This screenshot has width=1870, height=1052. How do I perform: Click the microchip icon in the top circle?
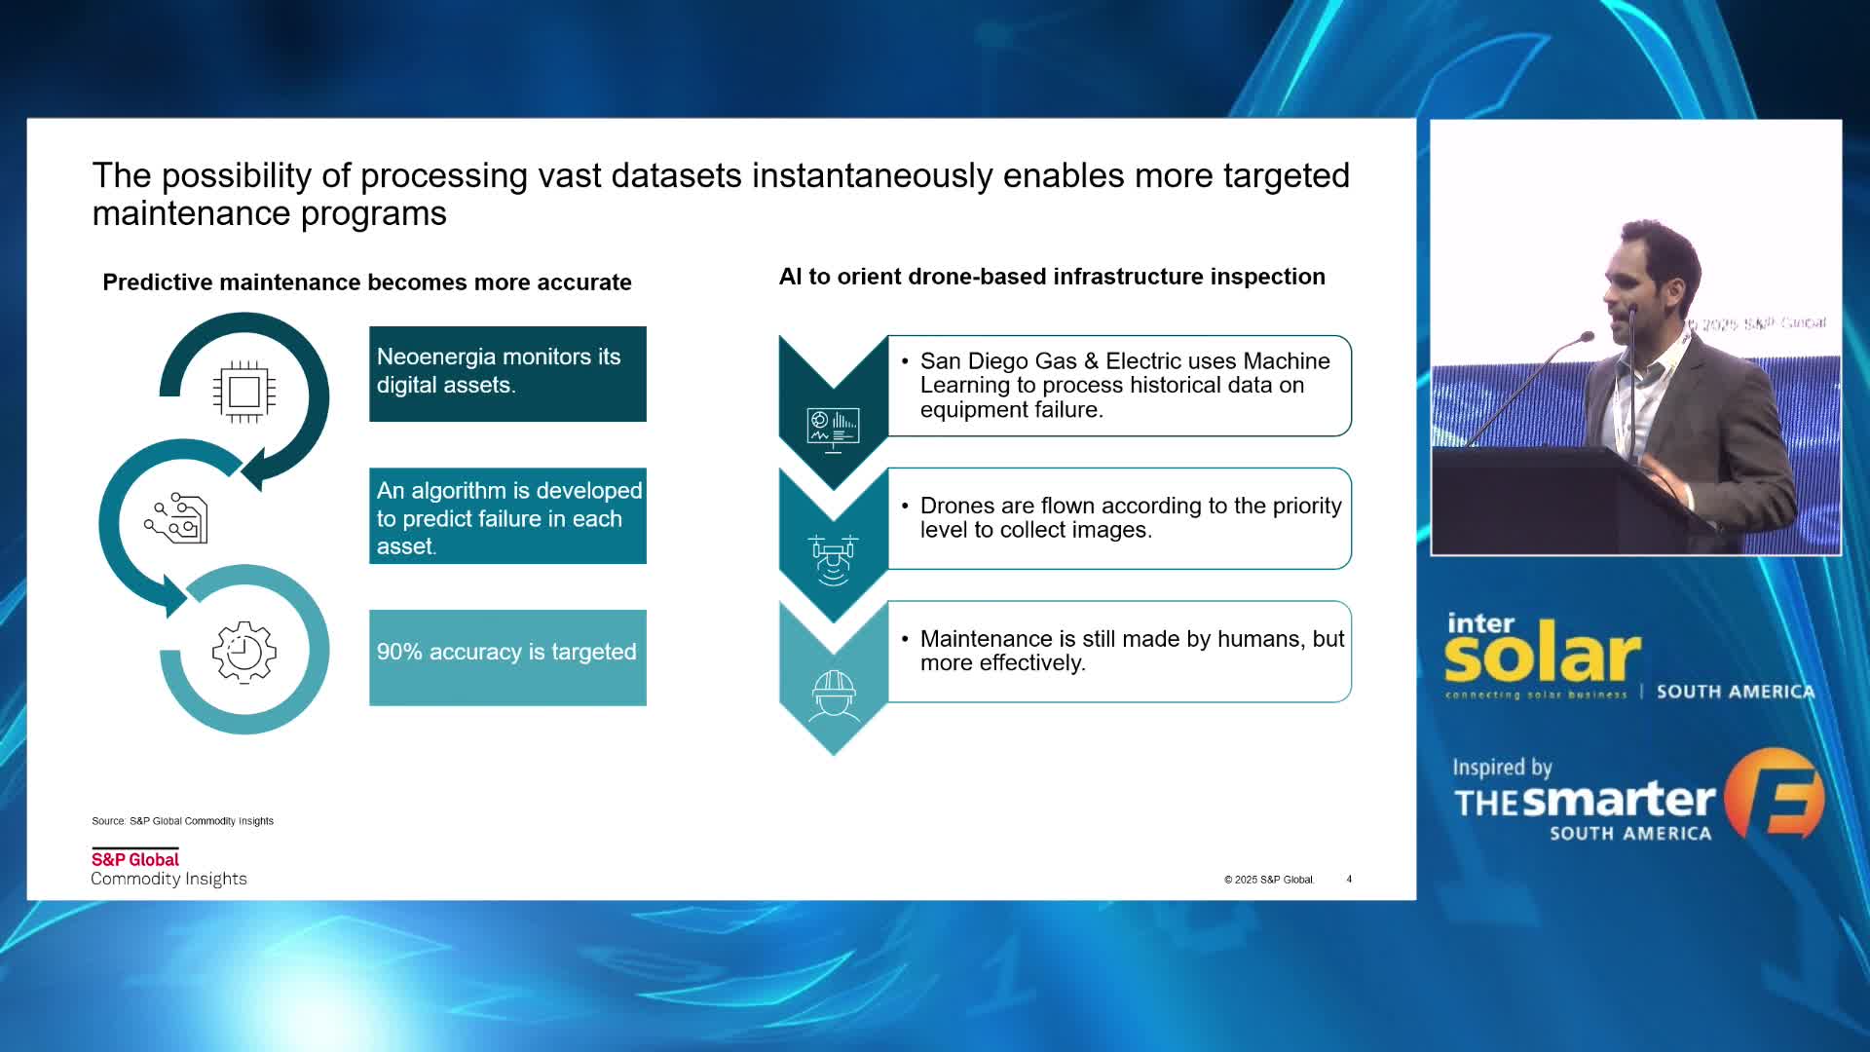pyautogui.click(x=244, y=392)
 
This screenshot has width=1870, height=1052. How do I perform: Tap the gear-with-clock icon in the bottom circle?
pyautogui.click(x=244, y=652)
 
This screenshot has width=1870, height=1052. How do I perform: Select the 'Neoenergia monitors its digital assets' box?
pyautogui.click(x=507, y=374)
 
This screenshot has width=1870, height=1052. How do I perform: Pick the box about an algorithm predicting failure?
pyautogui.click(x=507, y=516)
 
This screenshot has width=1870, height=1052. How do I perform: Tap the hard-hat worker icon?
pyautogui.click(x=835, y=695)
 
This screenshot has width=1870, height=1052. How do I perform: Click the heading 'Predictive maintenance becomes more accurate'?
pyautogui.click(x=367, y=282)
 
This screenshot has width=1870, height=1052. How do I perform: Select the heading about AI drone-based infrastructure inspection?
pyautogui.click(x=1052, y=277)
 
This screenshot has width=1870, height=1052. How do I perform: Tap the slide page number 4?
pyautogui.click(x=1349, y=880)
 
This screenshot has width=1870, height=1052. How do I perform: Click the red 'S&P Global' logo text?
pyautogui.click(x=135, y=859)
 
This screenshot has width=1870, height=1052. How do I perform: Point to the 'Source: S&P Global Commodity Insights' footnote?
pyautogui.click(x=182, y=821)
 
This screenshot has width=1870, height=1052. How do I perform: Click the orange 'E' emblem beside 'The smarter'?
pyautogui.click(x=1775, y=793)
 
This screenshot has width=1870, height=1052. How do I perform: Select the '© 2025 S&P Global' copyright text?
pyautogui.click(x=1269, y=880)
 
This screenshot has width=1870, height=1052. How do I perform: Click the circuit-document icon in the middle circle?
pyautogui.click(x=176, y=518)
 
